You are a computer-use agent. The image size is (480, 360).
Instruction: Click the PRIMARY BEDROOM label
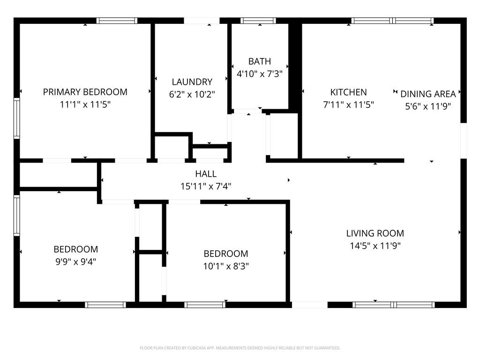point(85,92)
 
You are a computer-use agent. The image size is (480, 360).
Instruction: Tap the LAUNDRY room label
point(192,82)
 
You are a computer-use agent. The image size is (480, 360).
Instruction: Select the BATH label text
point(260,61)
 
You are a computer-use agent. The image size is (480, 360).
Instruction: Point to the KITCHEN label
point(348,92)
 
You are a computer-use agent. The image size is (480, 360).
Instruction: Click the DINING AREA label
point(428,94)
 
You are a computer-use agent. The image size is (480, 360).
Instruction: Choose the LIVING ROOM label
point(375,233)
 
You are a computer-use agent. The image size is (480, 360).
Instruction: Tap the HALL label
point(206,173)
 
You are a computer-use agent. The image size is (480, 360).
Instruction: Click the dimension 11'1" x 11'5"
point(85,105)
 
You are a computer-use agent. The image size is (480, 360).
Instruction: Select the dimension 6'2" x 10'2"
point(192,94)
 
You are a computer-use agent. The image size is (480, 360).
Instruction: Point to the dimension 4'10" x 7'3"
point(260,74)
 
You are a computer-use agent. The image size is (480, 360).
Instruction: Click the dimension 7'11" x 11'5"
point(348,105)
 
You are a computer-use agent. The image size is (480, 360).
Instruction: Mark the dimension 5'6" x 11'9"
point(428,106)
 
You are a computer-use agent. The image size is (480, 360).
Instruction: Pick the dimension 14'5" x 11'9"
point(375,246)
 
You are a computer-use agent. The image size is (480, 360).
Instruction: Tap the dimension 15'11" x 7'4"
point(206,186)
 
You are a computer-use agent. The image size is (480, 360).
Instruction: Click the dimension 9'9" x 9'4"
point(75,262)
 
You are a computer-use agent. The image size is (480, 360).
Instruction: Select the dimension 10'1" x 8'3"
point(226,266)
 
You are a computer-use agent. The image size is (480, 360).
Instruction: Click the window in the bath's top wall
point(258,21)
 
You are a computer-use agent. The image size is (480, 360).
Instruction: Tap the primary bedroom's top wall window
point(117,21)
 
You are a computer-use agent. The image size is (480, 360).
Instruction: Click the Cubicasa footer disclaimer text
point(240,348)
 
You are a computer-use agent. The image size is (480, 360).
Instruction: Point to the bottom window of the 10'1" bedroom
point(205,305)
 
